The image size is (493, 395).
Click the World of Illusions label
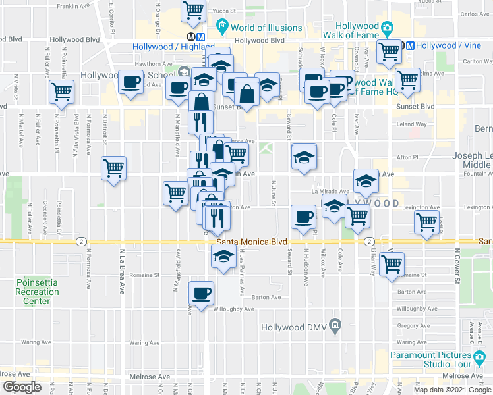266,28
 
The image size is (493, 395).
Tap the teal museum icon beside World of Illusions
221,28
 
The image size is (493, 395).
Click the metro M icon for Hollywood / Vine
409,45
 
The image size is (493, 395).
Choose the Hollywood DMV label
294,327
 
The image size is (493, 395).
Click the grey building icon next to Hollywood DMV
335,325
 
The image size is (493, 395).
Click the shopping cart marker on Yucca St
192,9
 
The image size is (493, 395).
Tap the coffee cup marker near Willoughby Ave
201,292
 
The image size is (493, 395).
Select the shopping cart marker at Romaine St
393,265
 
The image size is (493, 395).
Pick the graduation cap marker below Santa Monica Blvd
223,256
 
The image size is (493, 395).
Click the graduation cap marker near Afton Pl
304,157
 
